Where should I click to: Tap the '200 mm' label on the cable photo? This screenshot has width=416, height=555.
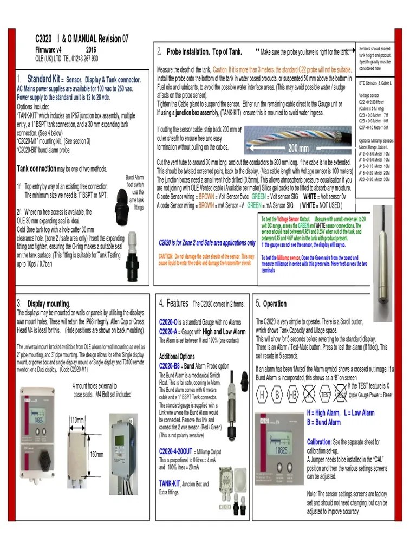pyautogui.click(x=298, y=148)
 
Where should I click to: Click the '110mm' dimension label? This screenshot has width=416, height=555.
pyautogui.click(x=77, y=420)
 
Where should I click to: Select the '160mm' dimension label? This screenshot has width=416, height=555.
pyautogui.click(x=96, y=454)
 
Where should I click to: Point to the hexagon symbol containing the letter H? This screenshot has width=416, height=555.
pyautogui.click(x=262, y=395)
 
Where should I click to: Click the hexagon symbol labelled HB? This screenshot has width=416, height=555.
pyautogui.click(x=293, y=395)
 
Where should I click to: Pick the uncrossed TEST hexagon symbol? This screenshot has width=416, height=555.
pyautogui.click(x=325, y=395)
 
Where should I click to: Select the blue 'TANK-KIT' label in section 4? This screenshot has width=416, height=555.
pyautogui.click(x=170, y=483)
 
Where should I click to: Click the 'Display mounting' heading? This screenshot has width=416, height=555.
pyautogui.click(x=49, y=304)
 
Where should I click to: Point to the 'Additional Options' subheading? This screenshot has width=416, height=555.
pyautogui.click(x=177, y=357)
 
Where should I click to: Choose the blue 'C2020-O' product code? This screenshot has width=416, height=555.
pyautogui.click(x=169, y=322)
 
